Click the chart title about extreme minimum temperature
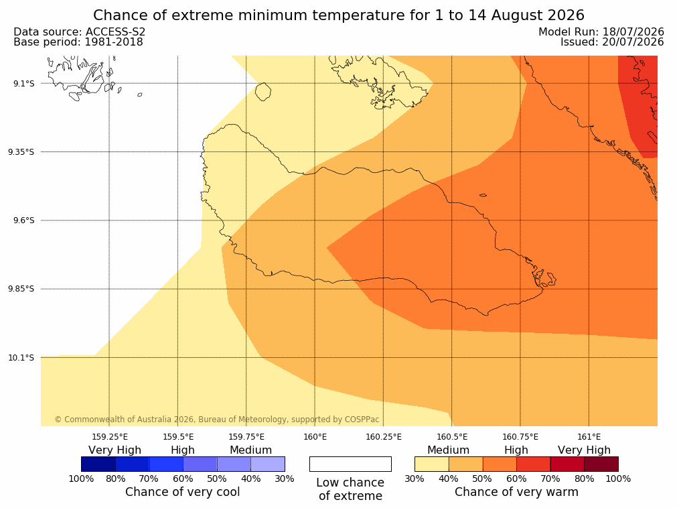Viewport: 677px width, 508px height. [x=339, y=15]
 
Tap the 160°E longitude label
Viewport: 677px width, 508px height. [x=315, y=437]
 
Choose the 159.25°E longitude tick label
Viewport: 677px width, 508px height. [x=110, y=437]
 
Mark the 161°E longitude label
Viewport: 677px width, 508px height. [x=589, y=437]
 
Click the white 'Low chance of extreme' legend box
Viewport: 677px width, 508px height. [x=351, y=464]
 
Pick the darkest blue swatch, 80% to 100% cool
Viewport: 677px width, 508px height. [x=98, y=464]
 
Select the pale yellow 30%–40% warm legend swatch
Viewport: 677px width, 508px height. [x=432, y=464]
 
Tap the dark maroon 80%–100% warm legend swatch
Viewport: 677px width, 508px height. [x=601, y=464]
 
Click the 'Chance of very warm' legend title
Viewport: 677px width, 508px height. [x=516, y=492]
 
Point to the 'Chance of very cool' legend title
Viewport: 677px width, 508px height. [x=183, y=492]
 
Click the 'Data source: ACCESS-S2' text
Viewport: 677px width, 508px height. [x=80, y=32]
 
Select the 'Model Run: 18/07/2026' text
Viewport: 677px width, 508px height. [x=601, y=32]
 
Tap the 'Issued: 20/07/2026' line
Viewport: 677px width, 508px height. [x=612, y=42]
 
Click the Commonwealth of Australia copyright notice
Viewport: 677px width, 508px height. [x=217, y=420]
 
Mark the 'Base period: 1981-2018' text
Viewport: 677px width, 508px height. [x=78, y=42]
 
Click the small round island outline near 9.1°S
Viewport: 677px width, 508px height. [x=263, y=92]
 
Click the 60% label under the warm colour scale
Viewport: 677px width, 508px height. [x=516, y=479]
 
